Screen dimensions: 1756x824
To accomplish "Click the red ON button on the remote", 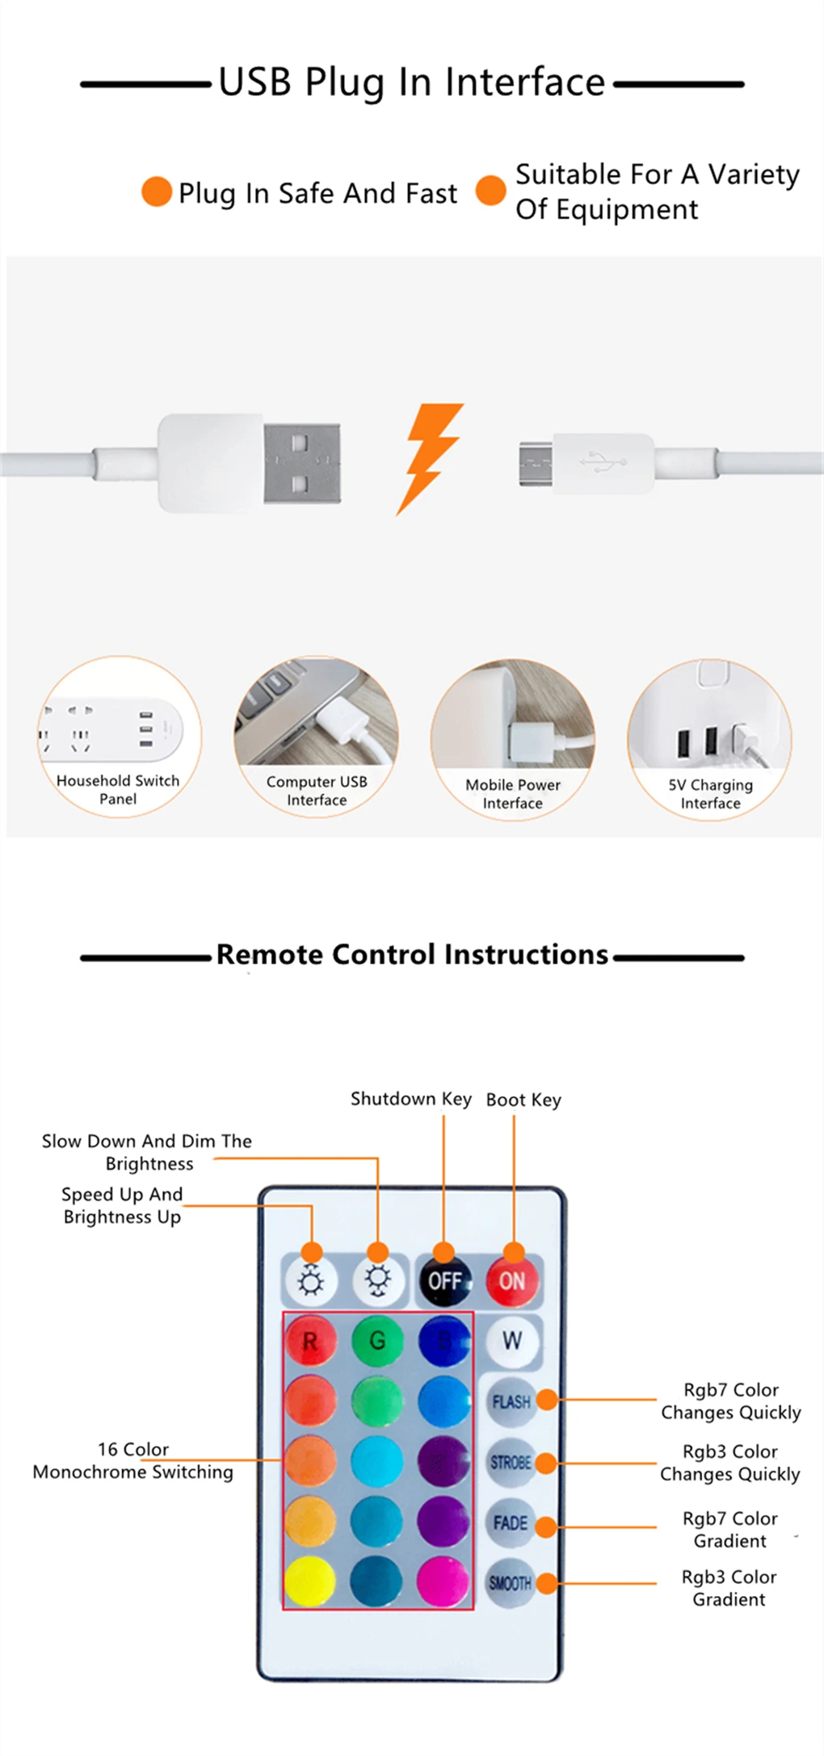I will [x=512, y=1281].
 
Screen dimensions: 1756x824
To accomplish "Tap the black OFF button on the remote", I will [x=444, y=1281].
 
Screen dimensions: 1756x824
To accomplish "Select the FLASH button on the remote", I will [x=511, y=1401].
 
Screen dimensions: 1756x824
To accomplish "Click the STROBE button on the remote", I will [x=511, y=1462].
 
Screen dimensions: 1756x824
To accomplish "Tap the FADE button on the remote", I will [x=511, y=1523].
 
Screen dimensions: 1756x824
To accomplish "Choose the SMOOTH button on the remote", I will [x=511, y=1583].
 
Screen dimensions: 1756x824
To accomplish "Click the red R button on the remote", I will [x=310, y=1342].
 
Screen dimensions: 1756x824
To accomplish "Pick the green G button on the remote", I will [x=377, y=1342].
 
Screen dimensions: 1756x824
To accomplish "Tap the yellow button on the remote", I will [x=310, y=1581].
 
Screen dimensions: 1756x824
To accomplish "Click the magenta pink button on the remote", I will [x=444, y=1581].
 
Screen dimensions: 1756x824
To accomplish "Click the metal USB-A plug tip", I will [x=301, y=464].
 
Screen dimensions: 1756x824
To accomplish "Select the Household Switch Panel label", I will [x=118, y=790].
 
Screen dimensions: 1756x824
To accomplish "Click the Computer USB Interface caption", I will [x=317, y=791].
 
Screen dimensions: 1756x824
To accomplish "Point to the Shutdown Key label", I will [x=410, y=1099].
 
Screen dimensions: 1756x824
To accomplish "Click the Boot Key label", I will [x=523, y=1099].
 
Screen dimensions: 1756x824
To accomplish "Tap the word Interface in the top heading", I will [x=525, y=82].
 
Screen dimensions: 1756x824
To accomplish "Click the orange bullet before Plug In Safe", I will [x=157, y=192].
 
